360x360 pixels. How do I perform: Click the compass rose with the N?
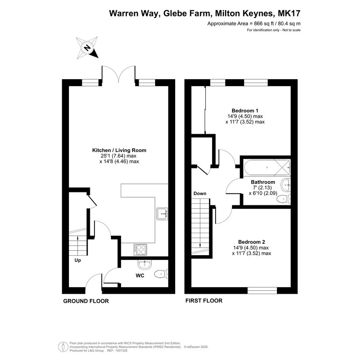pyautogui.click(x=88, y=48)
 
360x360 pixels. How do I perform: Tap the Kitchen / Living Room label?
pyautogui.click(x=119, y=150)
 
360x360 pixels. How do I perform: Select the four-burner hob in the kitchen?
pyautogui.click(x=141, y=250)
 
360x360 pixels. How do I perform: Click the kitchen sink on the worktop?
pyautogui.click(x=162, y=214)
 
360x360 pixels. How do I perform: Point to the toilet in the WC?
pyautogui.click(x=161, y=274)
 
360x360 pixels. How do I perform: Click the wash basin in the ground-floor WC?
pyautogui.click(x=145, y=264)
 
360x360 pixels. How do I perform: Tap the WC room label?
pyautogui.click(x=140, y=275)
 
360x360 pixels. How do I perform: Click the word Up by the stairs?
pyautogui.click(x=78, y=261)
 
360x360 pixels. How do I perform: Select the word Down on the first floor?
pyautogui.click(x=200, y=194)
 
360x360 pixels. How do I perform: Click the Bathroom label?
pyautogui.click(x=263, y=182)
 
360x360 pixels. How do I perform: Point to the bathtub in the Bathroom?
pyautogui.click(x=267, y=167)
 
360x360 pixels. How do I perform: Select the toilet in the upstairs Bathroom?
pyautogui.click(x=284, y=199)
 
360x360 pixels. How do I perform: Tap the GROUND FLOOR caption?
pyautogui.click(x=86, y=301)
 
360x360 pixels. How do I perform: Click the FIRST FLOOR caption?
pyautogui.click(x=204, y=301)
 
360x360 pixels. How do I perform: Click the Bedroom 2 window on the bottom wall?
pyautogui.click(x=262, y=290)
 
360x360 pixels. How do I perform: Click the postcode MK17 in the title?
pyautogui.click(x=289, y=13)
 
